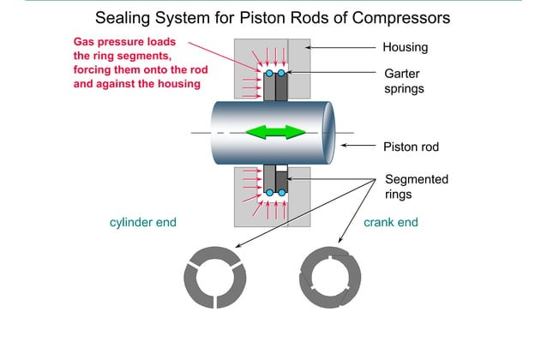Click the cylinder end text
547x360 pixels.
142,222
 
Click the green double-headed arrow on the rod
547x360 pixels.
275,132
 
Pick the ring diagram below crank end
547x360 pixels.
330,278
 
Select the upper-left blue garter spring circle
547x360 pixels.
269,74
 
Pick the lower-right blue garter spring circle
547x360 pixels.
283,193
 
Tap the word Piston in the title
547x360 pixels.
261,17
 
